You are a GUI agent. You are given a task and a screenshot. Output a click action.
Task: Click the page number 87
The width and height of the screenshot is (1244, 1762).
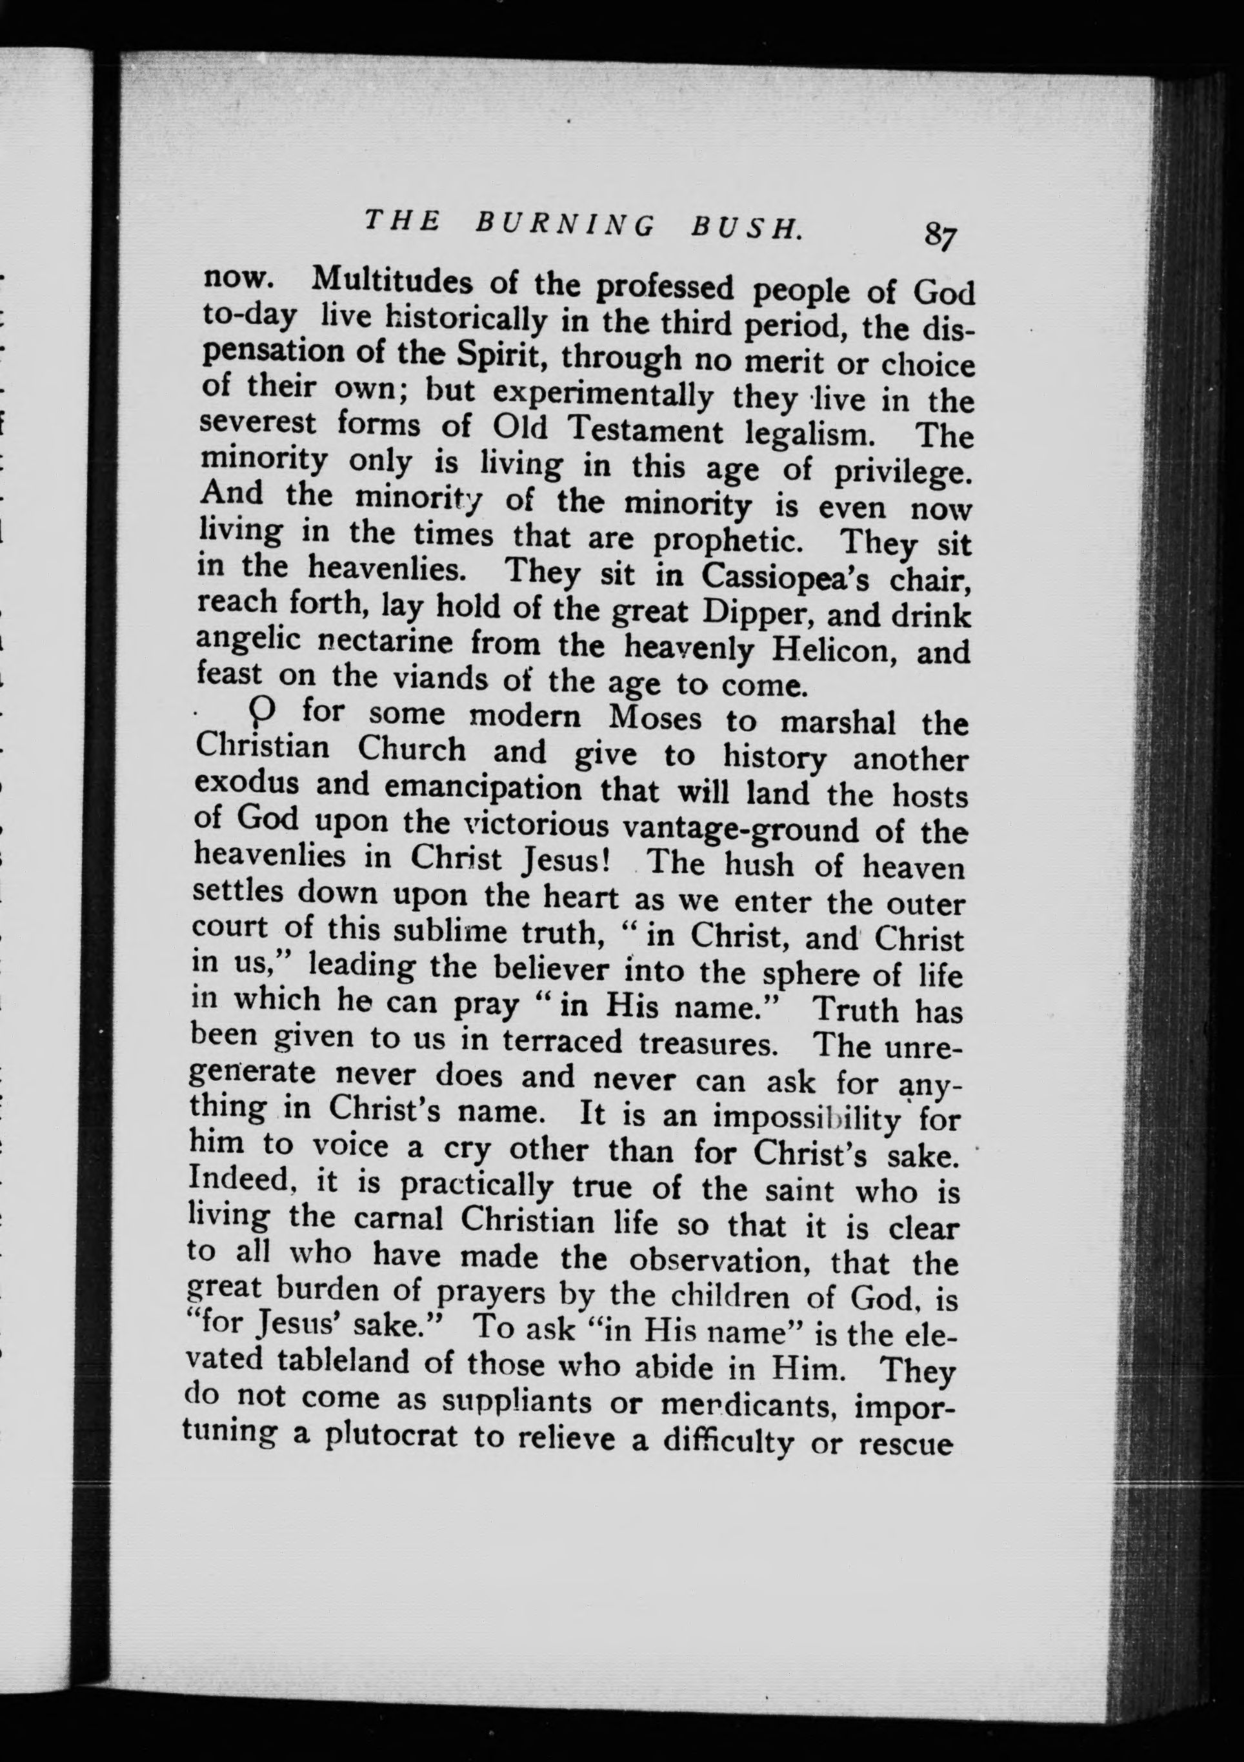pos(940,234)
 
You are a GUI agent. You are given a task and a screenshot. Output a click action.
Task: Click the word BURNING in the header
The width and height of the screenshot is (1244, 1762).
pos(566,223)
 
